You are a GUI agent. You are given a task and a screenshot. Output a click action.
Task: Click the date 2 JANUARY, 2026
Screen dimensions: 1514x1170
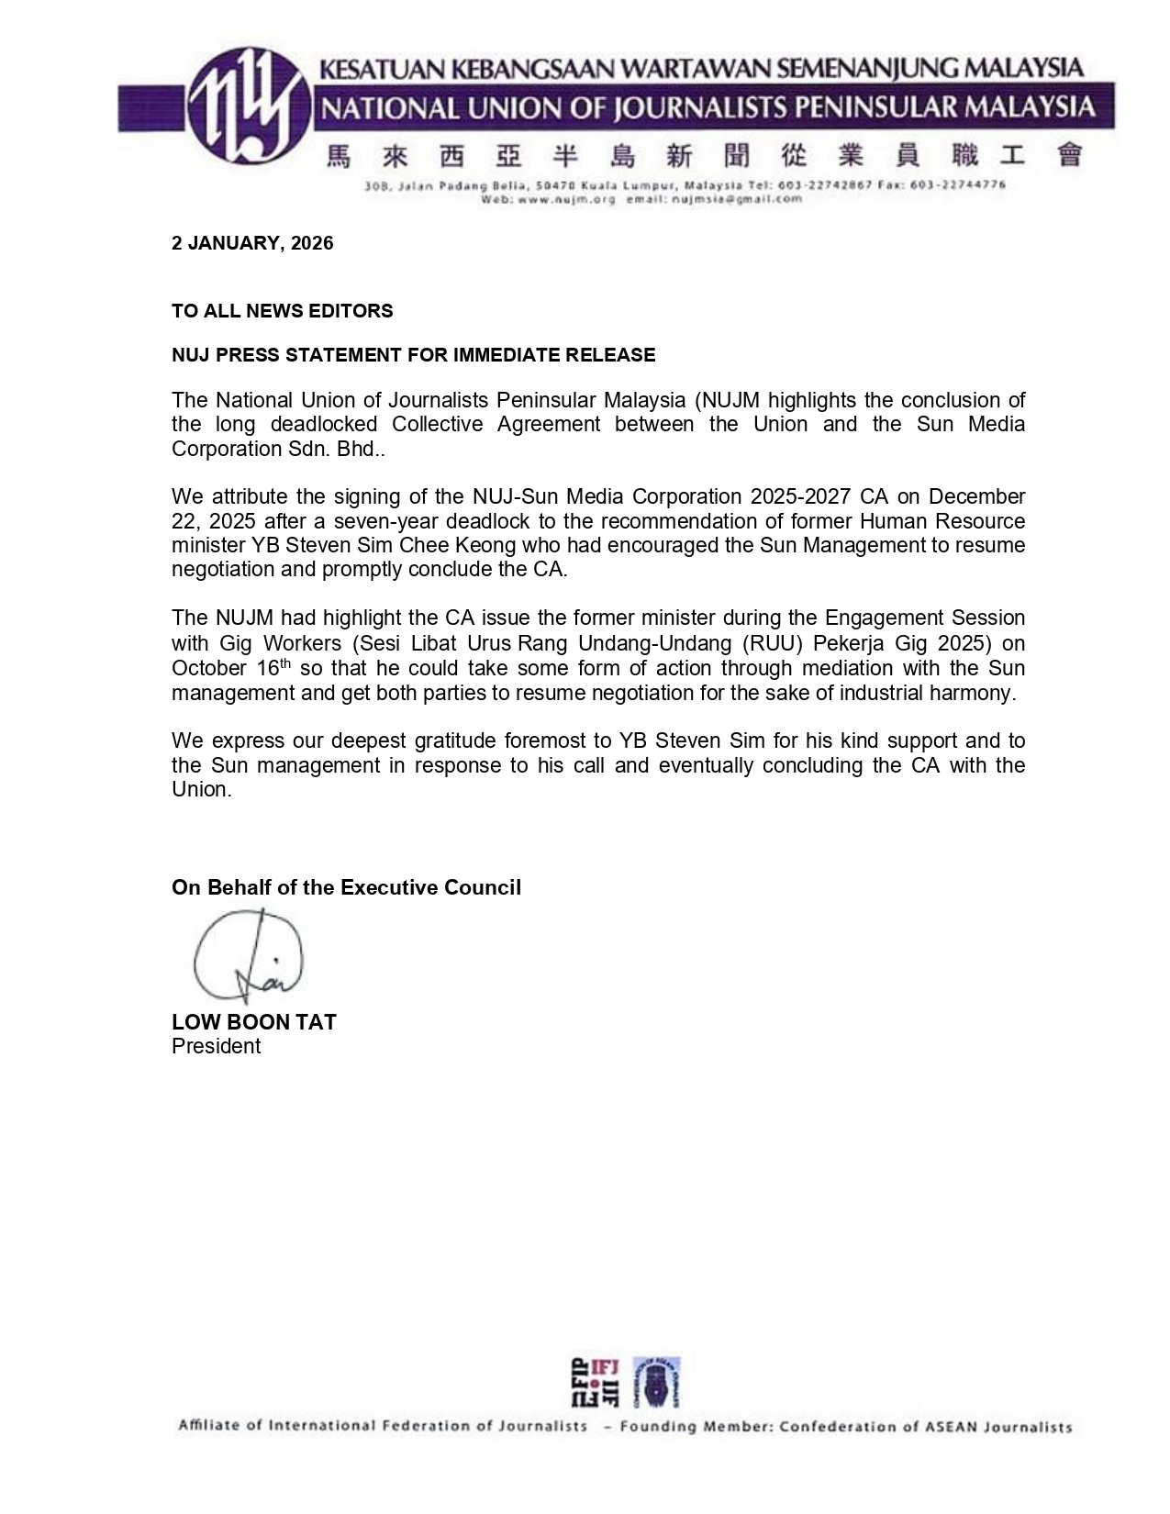click(252, 243)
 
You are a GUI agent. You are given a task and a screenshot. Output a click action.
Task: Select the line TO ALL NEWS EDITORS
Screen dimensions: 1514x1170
click(282, 311)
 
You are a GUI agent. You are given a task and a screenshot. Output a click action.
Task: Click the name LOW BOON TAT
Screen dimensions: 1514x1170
click(253, 1022)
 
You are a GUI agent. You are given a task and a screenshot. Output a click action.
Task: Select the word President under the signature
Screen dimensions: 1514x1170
click(216, 1047)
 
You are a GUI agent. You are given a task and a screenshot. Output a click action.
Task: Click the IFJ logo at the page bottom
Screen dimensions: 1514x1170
click(596, 1382)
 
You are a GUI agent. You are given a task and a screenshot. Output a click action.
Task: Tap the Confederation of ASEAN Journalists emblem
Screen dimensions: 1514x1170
click(656, 1382)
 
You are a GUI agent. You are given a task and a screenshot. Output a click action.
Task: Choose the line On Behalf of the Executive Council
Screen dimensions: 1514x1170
click(346, 887)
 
